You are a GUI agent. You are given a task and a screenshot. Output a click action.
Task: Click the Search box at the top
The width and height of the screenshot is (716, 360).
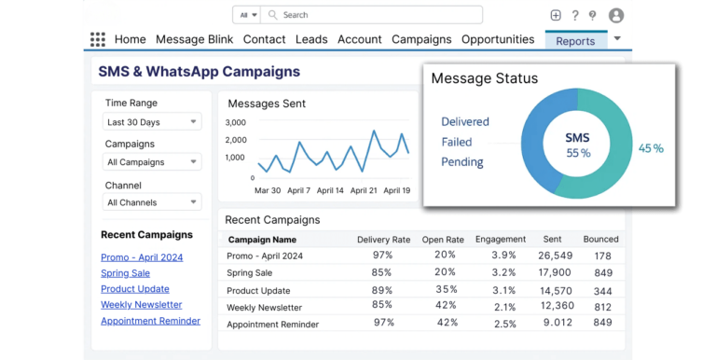tap(373, 15)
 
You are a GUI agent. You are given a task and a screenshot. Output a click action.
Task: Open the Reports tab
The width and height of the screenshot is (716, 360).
tap(575, 41)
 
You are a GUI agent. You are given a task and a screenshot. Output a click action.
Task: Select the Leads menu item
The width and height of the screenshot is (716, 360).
tap(311, 39)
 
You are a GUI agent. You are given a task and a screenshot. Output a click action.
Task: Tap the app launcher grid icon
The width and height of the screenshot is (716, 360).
tap(98, 39)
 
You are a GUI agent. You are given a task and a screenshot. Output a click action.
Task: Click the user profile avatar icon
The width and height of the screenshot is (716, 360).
tap(615, 15)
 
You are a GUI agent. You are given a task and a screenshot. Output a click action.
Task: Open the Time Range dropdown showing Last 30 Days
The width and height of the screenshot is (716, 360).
tap(151, 122)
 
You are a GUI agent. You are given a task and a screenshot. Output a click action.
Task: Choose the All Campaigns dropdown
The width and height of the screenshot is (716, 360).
tap(151, 162)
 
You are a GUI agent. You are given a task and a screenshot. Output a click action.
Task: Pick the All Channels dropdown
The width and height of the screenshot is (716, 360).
tap(151, 202)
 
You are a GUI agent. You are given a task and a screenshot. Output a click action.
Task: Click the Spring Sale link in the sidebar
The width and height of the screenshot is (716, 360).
tap(125, 273)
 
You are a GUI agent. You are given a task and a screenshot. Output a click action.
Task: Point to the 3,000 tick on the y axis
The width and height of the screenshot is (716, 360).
tap(235, 122)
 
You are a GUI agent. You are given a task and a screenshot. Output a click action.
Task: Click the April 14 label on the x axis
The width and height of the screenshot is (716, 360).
tap(325, 190)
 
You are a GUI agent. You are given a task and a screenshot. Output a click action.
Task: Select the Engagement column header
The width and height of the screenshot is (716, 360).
tap(501, 240)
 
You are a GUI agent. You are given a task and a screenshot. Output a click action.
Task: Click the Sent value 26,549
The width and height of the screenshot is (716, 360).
tap(555, 256)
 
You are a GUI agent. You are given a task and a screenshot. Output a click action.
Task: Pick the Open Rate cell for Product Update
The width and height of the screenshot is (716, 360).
tap(445, 290)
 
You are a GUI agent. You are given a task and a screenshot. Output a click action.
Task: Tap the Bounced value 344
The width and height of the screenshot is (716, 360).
tap(602, 290)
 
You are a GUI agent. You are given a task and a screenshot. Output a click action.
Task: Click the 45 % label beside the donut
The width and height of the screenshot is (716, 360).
tap(651, 148)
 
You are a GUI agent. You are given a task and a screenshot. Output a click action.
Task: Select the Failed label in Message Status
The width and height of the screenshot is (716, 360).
tap(457, 142)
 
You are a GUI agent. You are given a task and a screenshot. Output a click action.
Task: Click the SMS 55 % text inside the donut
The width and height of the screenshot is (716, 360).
tap(578, 145)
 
